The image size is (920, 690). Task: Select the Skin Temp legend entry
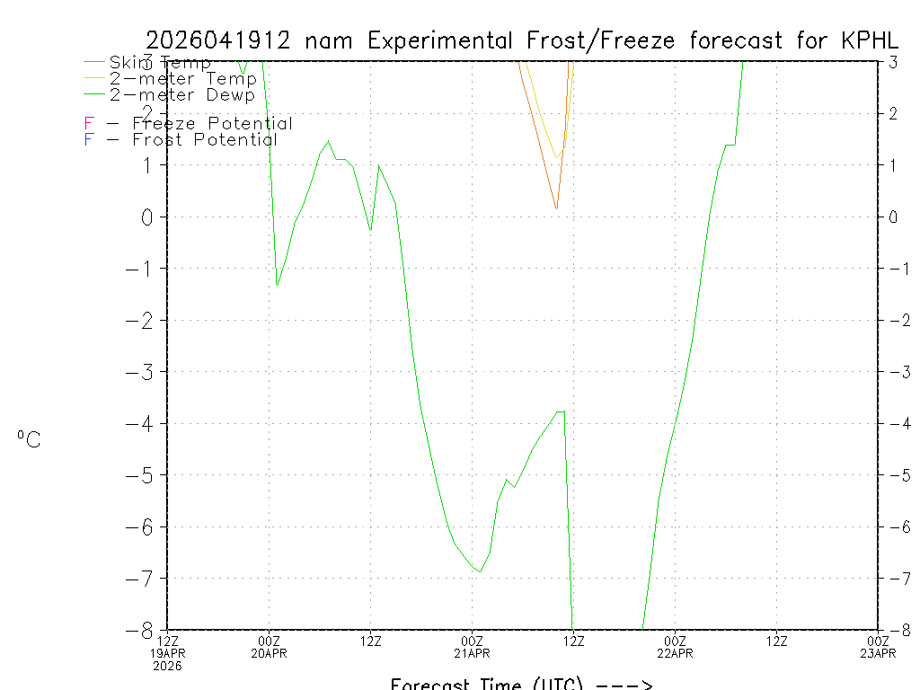160,63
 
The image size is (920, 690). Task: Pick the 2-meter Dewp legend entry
181,94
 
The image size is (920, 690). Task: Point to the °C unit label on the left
29,439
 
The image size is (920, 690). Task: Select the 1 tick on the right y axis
893,165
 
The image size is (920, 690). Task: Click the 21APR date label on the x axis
472,653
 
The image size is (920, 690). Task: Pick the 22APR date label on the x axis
675,653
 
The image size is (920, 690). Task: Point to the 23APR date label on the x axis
878,653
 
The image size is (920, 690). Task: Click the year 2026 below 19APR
167,666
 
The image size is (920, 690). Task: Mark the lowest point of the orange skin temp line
556,209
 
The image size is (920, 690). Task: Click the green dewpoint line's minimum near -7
480,571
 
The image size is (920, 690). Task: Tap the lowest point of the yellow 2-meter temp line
557,158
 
